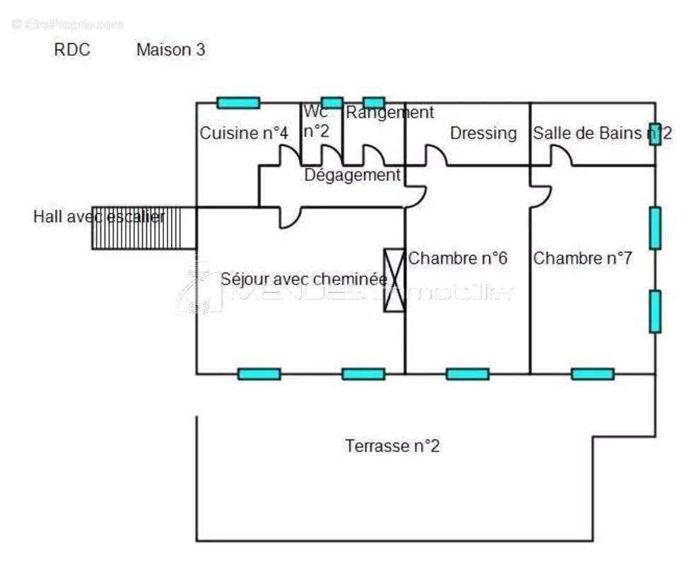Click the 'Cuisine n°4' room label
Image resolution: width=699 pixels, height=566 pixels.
point(244,133)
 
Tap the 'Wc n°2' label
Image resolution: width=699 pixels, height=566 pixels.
point(316,122)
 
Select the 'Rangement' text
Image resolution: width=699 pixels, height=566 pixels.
point(389,112)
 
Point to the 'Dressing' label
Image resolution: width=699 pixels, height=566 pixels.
point(483,133)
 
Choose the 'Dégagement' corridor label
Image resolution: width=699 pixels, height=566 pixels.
point(352,175)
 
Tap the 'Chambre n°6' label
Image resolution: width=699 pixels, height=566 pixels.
point(457,258)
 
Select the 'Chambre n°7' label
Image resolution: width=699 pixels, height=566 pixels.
point(582,258)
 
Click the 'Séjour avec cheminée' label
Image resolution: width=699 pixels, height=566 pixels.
point(303,279)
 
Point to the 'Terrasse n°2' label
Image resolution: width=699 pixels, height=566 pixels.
point(392,446)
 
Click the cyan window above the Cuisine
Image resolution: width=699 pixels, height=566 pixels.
point(238,103)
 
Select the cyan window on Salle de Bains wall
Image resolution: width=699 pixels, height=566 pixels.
point(655,134)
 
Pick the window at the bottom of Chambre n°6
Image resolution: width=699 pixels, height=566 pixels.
point(467,374)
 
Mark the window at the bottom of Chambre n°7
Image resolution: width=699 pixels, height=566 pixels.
point(592,374)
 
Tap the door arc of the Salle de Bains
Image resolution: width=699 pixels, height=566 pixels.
point(561,156)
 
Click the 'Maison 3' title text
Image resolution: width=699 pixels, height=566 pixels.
point(171,50)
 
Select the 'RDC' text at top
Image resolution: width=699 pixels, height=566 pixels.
point(72,50)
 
